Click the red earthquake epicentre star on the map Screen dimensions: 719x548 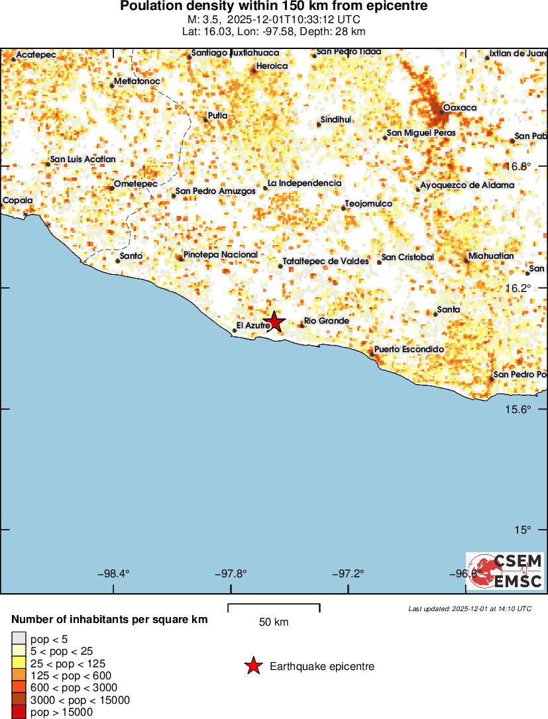tap(274, 322)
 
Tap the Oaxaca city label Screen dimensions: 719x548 tap(459, 107)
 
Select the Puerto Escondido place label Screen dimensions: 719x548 tap(408, 350)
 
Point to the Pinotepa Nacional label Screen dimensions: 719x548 tap(220, 255)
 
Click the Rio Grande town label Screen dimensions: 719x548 tap(326, 321)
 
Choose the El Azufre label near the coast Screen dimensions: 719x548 tap(252, 326)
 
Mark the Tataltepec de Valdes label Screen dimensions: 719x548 tap(325, 262)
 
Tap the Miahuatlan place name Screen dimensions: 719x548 tap(490, 256)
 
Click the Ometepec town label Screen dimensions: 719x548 tap(135, 184)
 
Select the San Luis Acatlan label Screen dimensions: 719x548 tap(83, 160)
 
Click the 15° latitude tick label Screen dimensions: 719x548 tap(524, 530)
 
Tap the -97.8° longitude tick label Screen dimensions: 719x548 tap(231, 573)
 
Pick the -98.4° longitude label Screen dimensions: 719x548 tap(113, 573)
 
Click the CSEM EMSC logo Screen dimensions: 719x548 tap(504, 571)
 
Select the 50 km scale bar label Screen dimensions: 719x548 tap(274, 622)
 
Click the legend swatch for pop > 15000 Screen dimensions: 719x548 tap(19, 712)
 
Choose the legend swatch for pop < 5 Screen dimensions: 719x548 tap(19, 639)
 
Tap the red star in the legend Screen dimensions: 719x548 tap(253, 666)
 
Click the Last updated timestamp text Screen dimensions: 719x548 tap(470, 608)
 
